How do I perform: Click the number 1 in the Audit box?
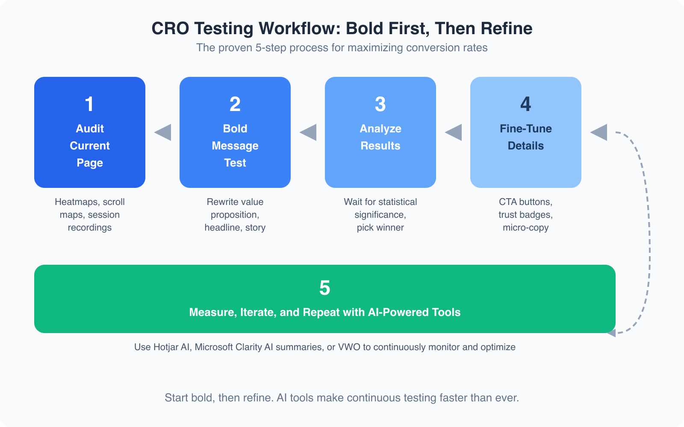click(x=89, y=105)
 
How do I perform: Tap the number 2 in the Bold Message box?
click(x=235, y=105)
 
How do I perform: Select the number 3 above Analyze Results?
click(x=380, y=105)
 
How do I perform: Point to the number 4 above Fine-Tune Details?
click(x=526, y=105)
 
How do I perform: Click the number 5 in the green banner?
click(x=325, y=288)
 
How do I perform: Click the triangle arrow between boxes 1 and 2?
click(x=164, y=132)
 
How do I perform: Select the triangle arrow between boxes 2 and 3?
click(x=309, y=132)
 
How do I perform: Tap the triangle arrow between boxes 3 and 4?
click(x=454, y=132)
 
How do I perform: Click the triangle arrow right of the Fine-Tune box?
click(x=600, y=132)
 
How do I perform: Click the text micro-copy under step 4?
click(x=526, y=228)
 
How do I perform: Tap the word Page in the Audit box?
click(x=90, y=163)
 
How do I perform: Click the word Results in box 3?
click(x=380, y=146)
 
